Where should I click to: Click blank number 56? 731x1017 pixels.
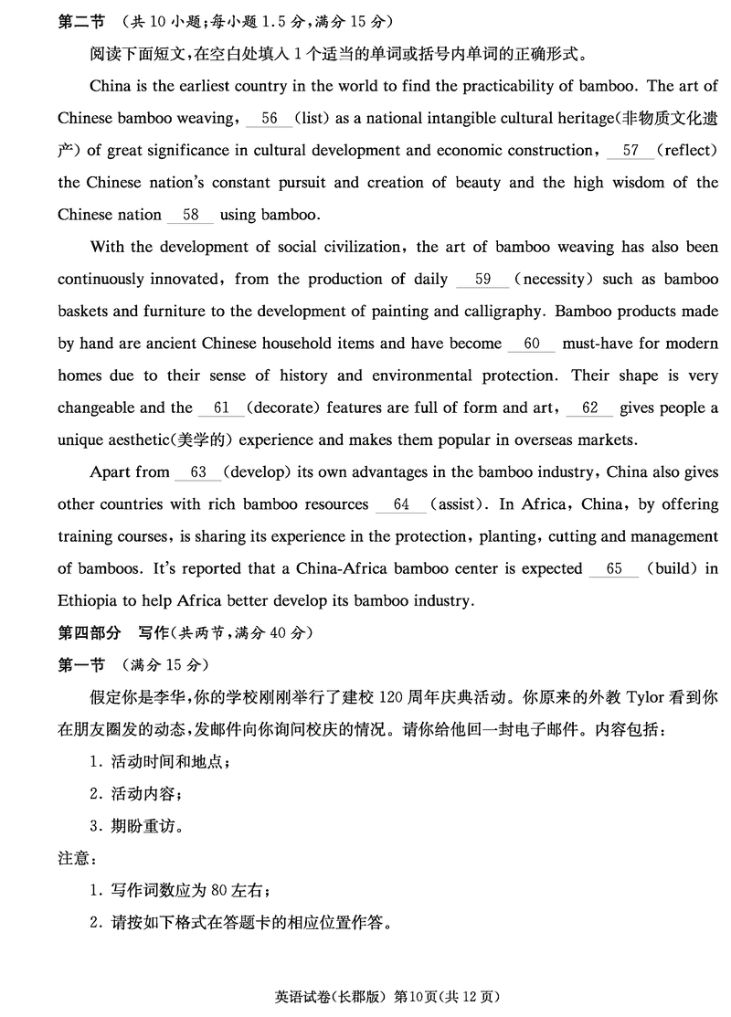269,119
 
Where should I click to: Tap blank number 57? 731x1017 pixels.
630,151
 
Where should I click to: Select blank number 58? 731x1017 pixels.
191,216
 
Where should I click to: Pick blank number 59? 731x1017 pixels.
483,280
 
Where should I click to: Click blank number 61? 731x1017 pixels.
220,408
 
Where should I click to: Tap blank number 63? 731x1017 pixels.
197,472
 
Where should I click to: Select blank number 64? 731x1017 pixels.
401,504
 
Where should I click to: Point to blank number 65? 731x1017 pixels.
613,568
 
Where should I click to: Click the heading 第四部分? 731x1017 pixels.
89,632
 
